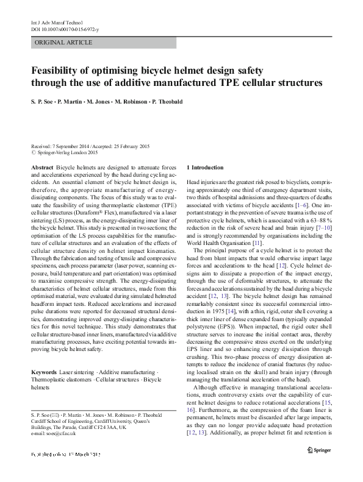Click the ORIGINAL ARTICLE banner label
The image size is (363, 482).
[64, 43]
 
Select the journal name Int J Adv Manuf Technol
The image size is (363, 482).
[57, 22]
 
